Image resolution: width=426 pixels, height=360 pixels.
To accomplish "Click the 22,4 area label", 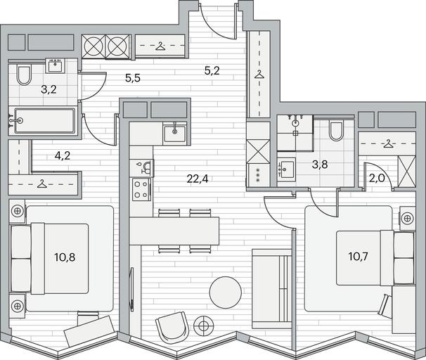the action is [x=198, y=179].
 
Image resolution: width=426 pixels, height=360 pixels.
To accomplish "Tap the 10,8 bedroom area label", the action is [x=65, y=257].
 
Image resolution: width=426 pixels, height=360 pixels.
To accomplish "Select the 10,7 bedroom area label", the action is [x=359, y=256].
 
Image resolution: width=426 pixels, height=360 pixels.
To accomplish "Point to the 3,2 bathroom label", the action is [x=49, y=89].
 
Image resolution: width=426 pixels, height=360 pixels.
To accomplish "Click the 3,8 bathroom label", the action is [x=320, y=165].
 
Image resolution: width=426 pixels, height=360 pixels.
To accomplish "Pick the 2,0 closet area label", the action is [x=377, y=178].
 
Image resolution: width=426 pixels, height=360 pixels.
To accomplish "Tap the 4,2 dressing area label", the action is [x=63, y=155].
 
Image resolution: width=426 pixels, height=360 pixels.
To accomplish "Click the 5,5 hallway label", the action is [x=133, y=78].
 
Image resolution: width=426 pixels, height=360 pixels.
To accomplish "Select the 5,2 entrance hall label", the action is [x=212, y=71].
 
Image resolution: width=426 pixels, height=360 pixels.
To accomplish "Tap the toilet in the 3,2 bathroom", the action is [x=24, y=74].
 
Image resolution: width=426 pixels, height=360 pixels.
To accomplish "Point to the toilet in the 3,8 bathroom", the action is [x=336, y=131].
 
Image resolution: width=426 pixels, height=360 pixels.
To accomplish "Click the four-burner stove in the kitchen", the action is [x=141, y=189].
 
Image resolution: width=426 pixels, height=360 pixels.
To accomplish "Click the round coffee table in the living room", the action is [x=226, y=292].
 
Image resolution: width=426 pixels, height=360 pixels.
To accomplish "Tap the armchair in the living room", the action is [x=172, y=327].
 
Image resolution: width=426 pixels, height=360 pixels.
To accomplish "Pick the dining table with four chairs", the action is [x=174, y=231].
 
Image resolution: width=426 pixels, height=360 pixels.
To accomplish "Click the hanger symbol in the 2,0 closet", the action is [x=389, y=143].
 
